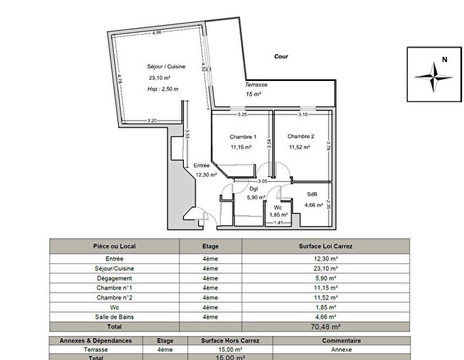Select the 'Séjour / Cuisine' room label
click(x=163, y=67)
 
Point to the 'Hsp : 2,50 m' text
click(x=163, y=89)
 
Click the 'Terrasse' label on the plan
click(x=256, y=84)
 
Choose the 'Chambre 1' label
click(x=242, y=136)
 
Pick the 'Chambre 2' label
click(x=301, y=136)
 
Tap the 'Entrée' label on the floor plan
click(x=202, y=165)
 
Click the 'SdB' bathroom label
click(x=312, y=194)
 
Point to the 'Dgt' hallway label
click(x=253, y=189)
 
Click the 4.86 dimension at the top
click(x=157, y=32)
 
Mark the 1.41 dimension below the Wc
click(x=279, y=223)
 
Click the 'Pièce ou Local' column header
click(x=114, y=245)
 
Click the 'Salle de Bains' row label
click(x=114, y=317)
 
